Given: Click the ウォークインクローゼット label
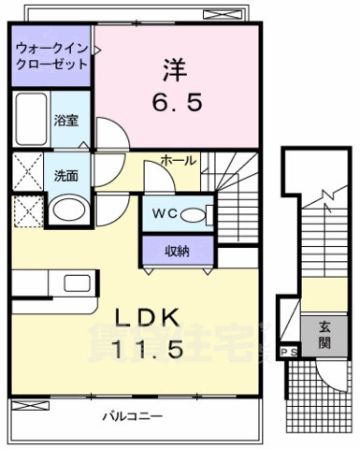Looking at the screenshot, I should pyautogui.click(x=51, y=56).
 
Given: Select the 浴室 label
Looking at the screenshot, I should pyautogui.click(x=65, y=121).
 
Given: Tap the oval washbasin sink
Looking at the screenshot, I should pyautogui.click(x=65, y=210).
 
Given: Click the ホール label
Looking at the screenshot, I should pyautogui.click(x=179, y=161).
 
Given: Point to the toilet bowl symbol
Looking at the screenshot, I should pyautogui.click(x=194, y=214).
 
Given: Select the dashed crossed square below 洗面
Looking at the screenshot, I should pyautogui.click(x=27, y=210).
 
